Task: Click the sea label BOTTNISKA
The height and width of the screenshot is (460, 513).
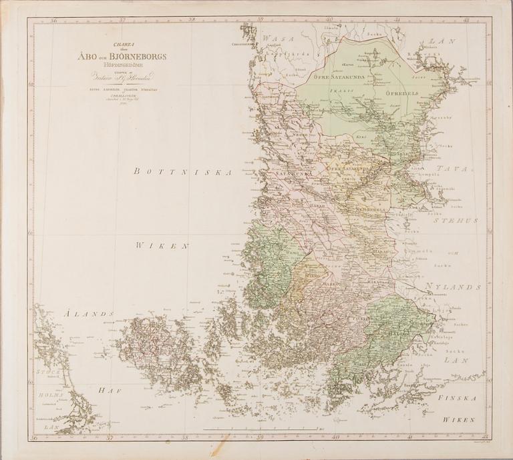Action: [182, 172]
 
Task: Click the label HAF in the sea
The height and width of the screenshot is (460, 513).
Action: [108, 390]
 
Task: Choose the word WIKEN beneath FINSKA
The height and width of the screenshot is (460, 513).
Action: [457, 420]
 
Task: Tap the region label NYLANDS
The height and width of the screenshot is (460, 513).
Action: [452, 287]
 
